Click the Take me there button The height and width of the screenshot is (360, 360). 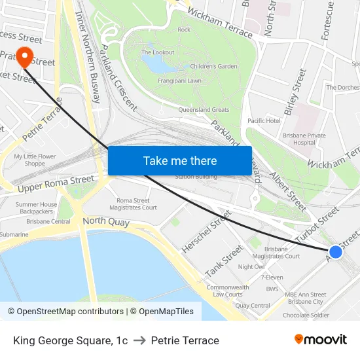180,160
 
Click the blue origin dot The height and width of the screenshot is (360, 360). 335,252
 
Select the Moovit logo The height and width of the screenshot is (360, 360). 320,340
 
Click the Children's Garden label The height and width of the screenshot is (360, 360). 213,66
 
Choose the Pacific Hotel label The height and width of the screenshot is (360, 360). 264,121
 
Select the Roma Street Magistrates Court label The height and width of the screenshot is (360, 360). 136,204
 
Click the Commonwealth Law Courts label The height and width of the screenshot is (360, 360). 227,291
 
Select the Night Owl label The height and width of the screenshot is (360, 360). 251,267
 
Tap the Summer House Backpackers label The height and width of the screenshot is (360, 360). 37,208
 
